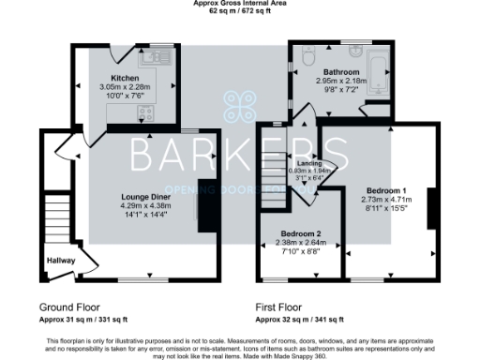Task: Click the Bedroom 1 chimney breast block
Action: click(431, 208)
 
